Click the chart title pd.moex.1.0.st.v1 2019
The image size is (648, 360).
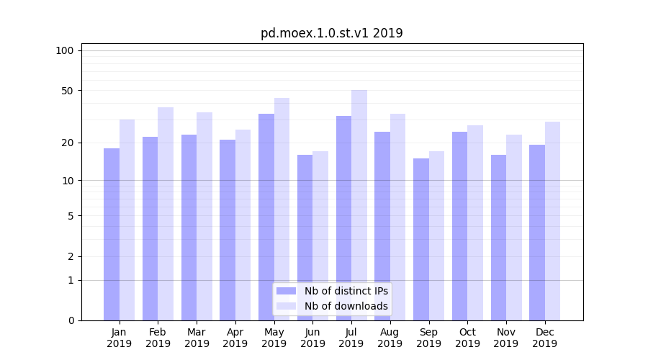pos(331,33)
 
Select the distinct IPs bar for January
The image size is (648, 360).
pos(112,234)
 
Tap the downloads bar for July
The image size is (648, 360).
pos(359,205)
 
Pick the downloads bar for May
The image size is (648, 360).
pos(282,209)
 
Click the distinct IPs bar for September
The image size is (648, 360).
pos(421,239)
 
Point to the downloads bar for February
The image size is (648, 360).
pos(166,214)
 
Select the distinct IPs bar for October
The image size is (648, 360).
pos(459,226)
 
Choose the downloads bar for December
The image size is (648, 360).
pos(553,221)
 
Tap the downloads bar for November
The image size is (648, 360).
pos(514,228)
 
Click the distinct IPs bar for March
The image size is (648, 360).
pos(189,228)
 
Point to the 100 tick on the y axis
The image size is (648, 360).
pos(65,50)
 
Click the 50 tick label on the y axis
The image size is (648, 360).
pos(68,91)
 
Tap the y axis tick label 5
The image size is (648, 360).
pos(71,216)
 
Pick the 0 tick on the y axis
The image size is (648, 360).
pos(71,320)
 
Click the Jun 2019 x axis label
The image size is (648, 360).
pos(312,338)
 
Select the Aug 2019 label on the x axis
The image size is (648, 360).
pos(390,338)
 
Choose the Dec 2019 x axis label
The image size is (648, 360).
pos(545,338)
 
